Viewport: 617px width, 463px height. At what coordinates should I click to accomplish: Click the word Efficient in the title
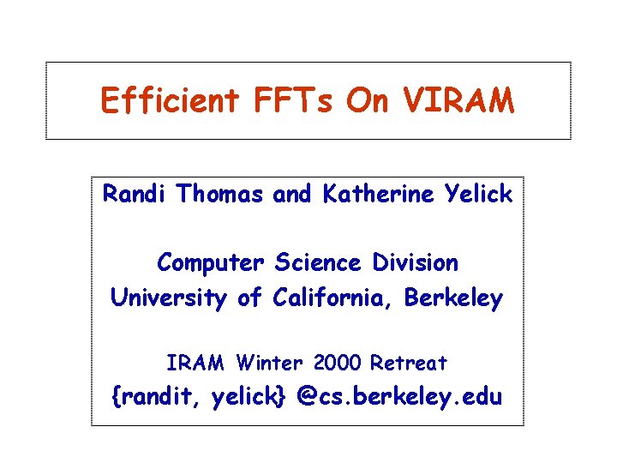click(x=169, y=101)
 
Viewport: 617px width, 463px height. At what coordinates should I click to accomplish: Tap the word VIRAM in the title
click(x=461, y=101)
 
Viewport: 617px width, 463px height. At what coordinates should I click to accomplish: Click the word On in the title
click(x=367, y=101)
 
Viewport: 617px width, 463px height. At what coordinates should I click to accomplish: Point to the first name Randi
click(x=136, y=195)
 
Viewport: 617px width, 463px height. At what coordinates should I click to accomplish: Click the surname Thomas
click(x=222, y=195)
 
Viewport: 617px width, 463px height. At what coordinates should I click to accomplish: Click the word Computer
click(x=212, y=262)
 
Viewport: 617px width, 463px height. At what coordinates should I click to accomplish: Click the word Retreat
click(x=408, y=364)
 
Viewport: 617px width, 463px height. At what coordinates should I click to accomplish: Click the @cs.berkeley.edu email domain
click(x=399, y=397)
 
